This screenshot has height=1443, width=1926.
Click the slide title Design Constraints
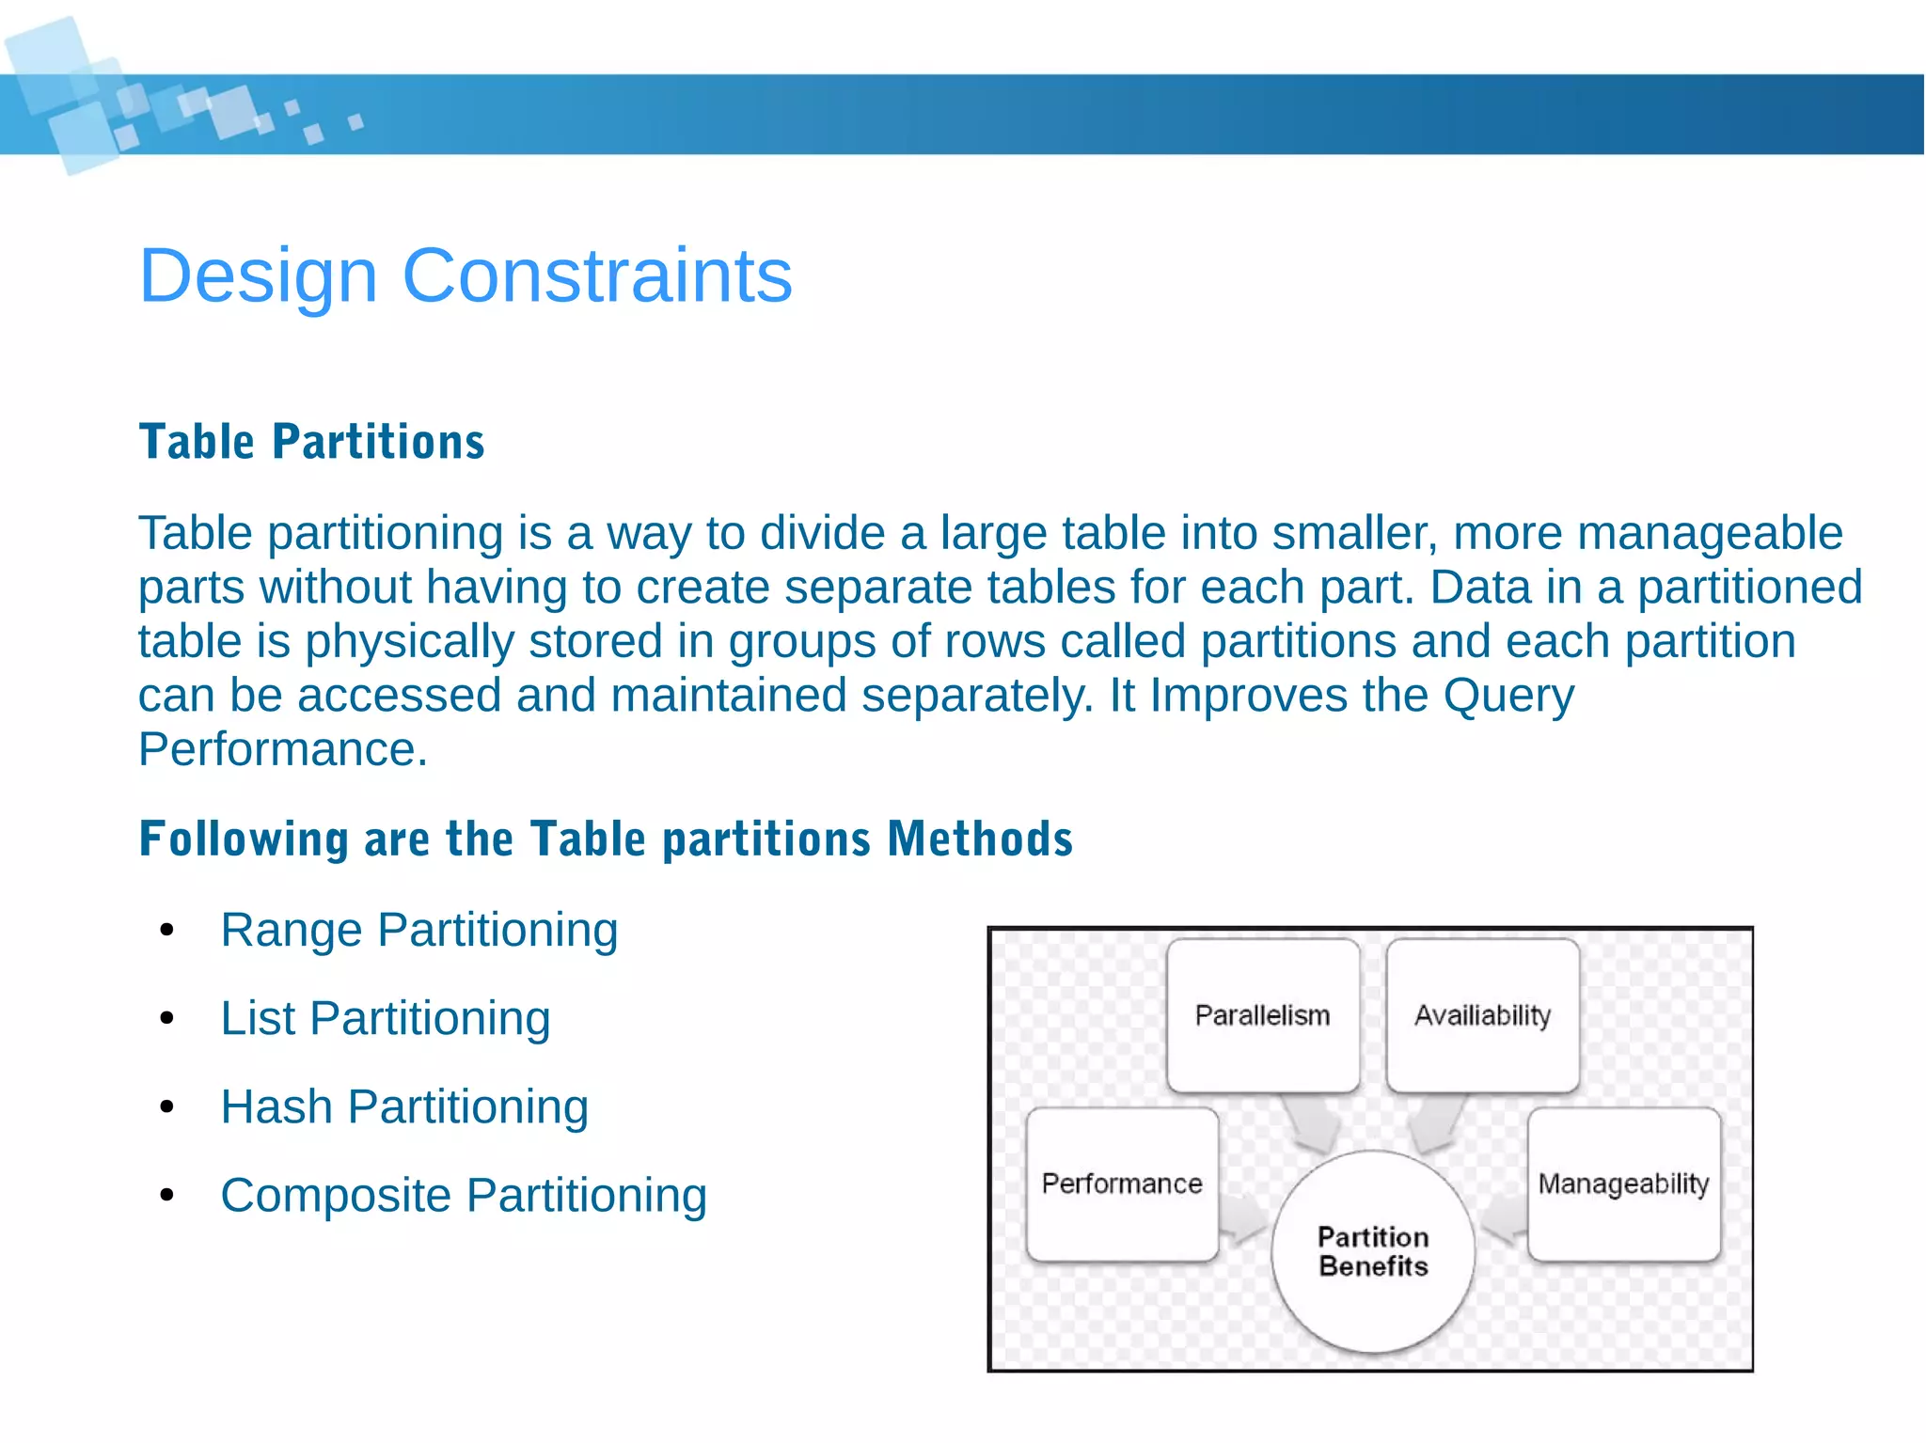click(466, 275)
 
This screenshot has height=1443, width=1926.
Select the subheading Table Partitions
click(311, 442)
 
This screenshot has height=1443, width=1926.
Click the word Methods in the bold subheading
click(979, 839)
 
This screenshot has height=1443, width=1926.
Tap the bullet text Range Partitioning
click(418, 930)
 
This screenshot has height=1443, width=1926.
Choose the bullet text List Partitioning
click(385, 1018)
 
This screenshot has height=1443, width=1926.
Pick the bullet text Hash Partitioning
click(404, 1106)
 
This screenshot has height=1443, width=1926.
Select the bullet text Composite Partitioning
click(463, 1196)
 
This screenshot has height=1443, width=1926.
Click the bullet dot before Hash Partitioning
click(167, 1107)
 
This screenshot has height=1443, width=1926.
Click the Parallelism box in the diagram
click(1262, 1015)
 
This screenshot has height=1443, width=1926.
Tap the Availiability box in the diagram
click(1482, 1015)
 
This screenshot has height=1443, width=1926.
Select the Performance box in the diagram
click(1122, 1184)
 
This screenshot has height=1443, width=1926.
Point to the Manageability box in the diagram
click(1624, 1184)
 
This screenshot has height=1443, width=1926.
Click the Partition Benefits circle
click(1373, 1251)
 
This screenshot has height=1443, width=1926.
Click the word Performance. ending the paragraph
click(282, 750)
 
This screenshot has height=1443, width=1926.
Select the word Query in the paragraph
click(1508, 697)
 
